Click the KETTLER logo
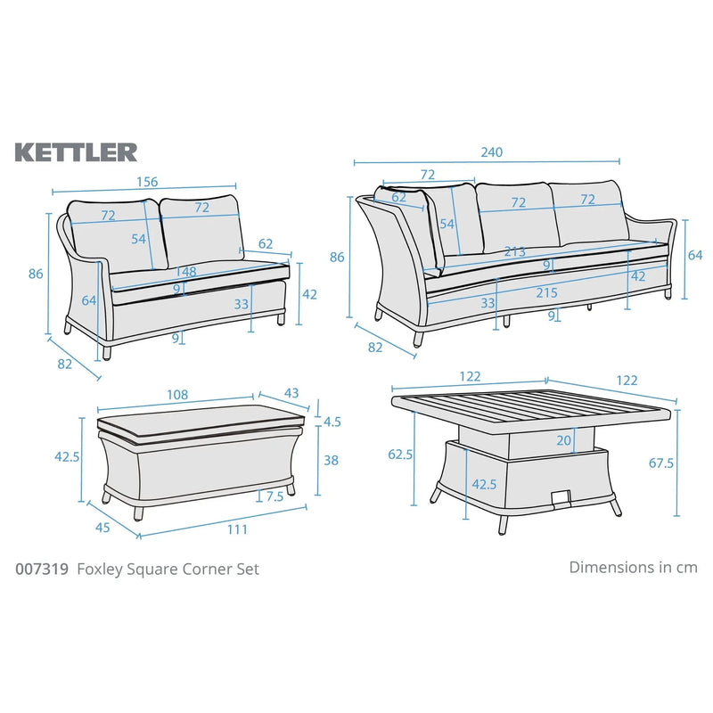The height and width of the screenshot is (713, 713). click(x=76, y=152)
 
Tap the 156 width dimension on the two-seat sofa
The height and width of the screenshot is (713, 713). click(x=147, y=182)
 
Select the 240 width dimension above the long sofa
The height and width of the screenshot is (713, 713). click(x=492, y=152)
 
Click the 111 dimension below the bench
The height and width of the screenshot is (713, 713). click(x=236, y=529)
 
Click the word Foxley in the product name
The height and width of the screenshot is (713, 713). click(x=101, y=569)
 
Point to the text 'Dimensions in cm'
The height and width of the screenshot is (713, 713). click(x=633, y=567)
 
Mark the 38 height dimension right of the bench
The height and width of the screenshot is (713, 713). click(x=332, y=462)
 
